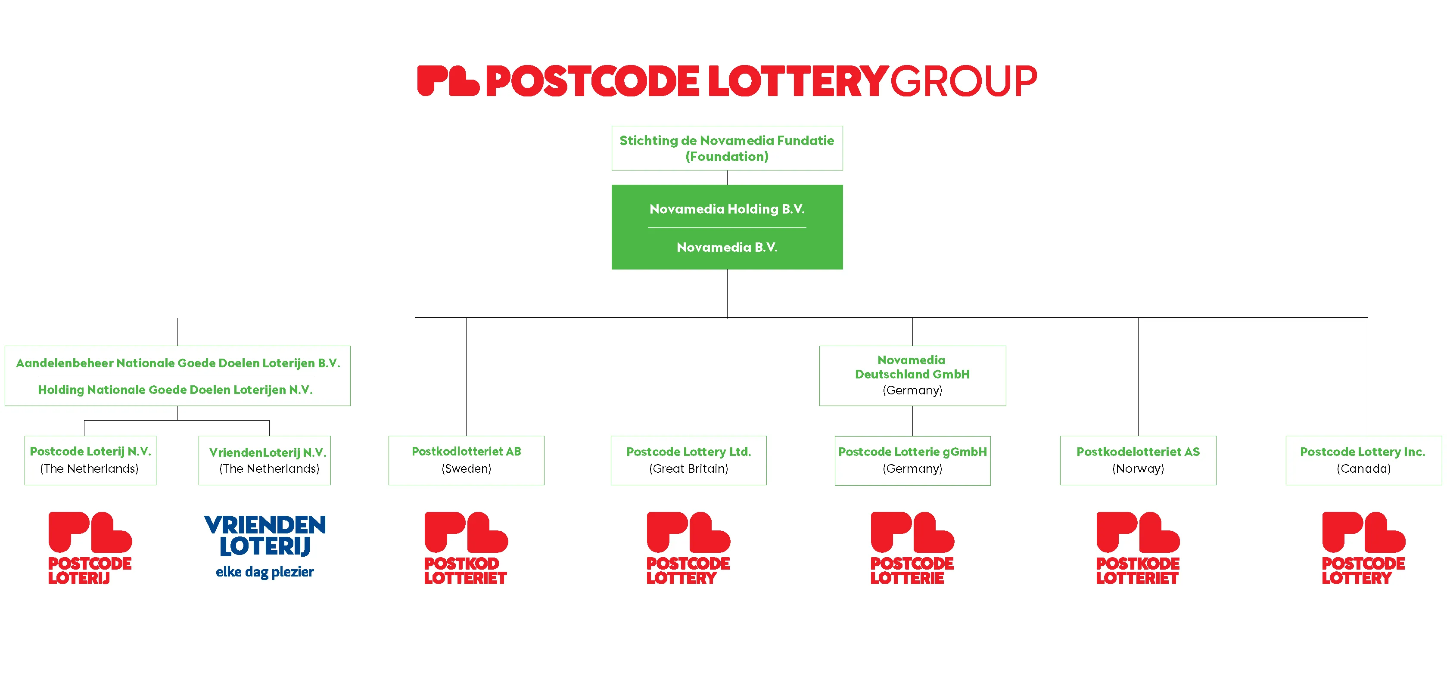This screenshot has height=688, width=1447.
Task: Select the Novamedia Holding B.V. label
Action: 727,209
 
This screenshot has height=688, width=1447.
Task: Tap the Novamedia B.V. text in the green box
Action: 727,247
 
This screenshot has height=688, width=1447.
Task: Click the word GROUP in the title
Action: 964,81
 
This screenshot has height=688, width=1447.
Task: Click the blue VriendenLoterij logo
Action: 265,546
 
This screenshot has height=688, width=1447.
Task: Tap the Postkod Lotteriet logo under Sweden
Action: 466,548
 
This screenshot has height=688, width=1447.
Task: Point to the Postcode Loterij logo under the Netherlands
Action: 90,548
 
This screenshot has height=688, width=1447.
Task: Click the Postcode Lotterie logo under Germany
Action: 912,548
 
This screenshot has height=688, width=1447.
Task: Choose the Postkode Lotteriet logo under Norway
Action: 1138,548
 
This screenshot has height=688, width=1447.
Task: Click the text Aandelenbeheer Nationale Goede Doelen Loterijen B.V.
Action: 178,363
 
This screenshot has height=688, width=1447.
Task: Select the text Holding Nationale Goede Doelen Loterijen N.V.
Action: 175,390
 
